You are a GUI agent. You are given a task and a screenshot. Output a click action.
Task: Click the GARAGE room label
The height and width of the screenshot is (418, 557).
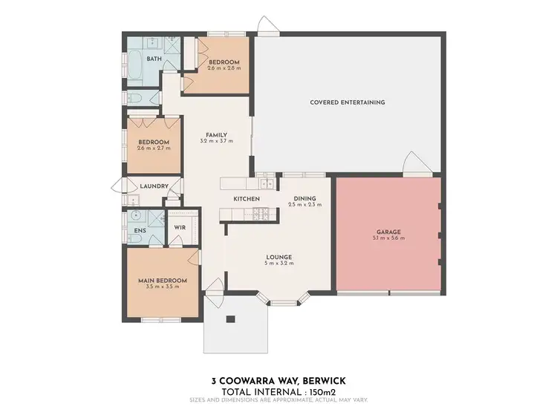point(388,232)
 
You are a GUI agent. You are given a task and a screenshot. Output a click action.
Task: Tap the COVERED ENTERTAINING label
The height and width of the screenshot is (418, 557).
point(348,102)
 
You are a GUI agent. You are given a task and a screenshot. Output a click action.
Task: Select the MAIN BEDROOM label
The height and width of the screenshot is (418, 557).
point(162,280)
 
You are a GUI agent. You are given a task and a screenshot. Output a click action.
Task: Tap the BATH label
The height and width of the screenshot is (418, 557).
point(154,59)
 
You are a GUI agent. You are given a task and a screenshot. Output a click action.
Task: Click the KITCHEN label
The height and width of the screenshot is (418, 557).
point(247,199)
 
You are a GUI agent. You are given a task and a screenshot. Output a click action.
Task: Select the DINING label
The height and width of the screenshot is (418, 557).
point(304,198)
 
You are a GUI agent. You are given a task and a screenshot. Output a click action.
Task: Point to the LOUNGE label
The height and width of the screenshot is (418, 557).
point(279,257)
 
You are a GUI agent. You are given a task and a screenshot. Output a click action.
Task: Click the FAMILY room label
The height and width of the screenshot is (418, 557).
point(216,134)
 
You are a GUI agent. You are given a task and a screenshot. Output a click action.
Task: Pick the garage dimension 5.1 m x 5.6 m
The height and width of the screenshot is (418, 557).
point(388,239)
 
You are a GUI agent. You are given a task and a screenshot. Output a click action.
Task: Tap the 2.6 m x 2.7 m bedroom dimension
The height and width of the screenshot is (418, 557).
point(154,148)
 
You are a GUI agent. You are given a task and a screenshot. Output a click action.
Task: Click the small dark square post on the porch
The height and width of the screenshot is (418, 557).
point(230,320)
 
